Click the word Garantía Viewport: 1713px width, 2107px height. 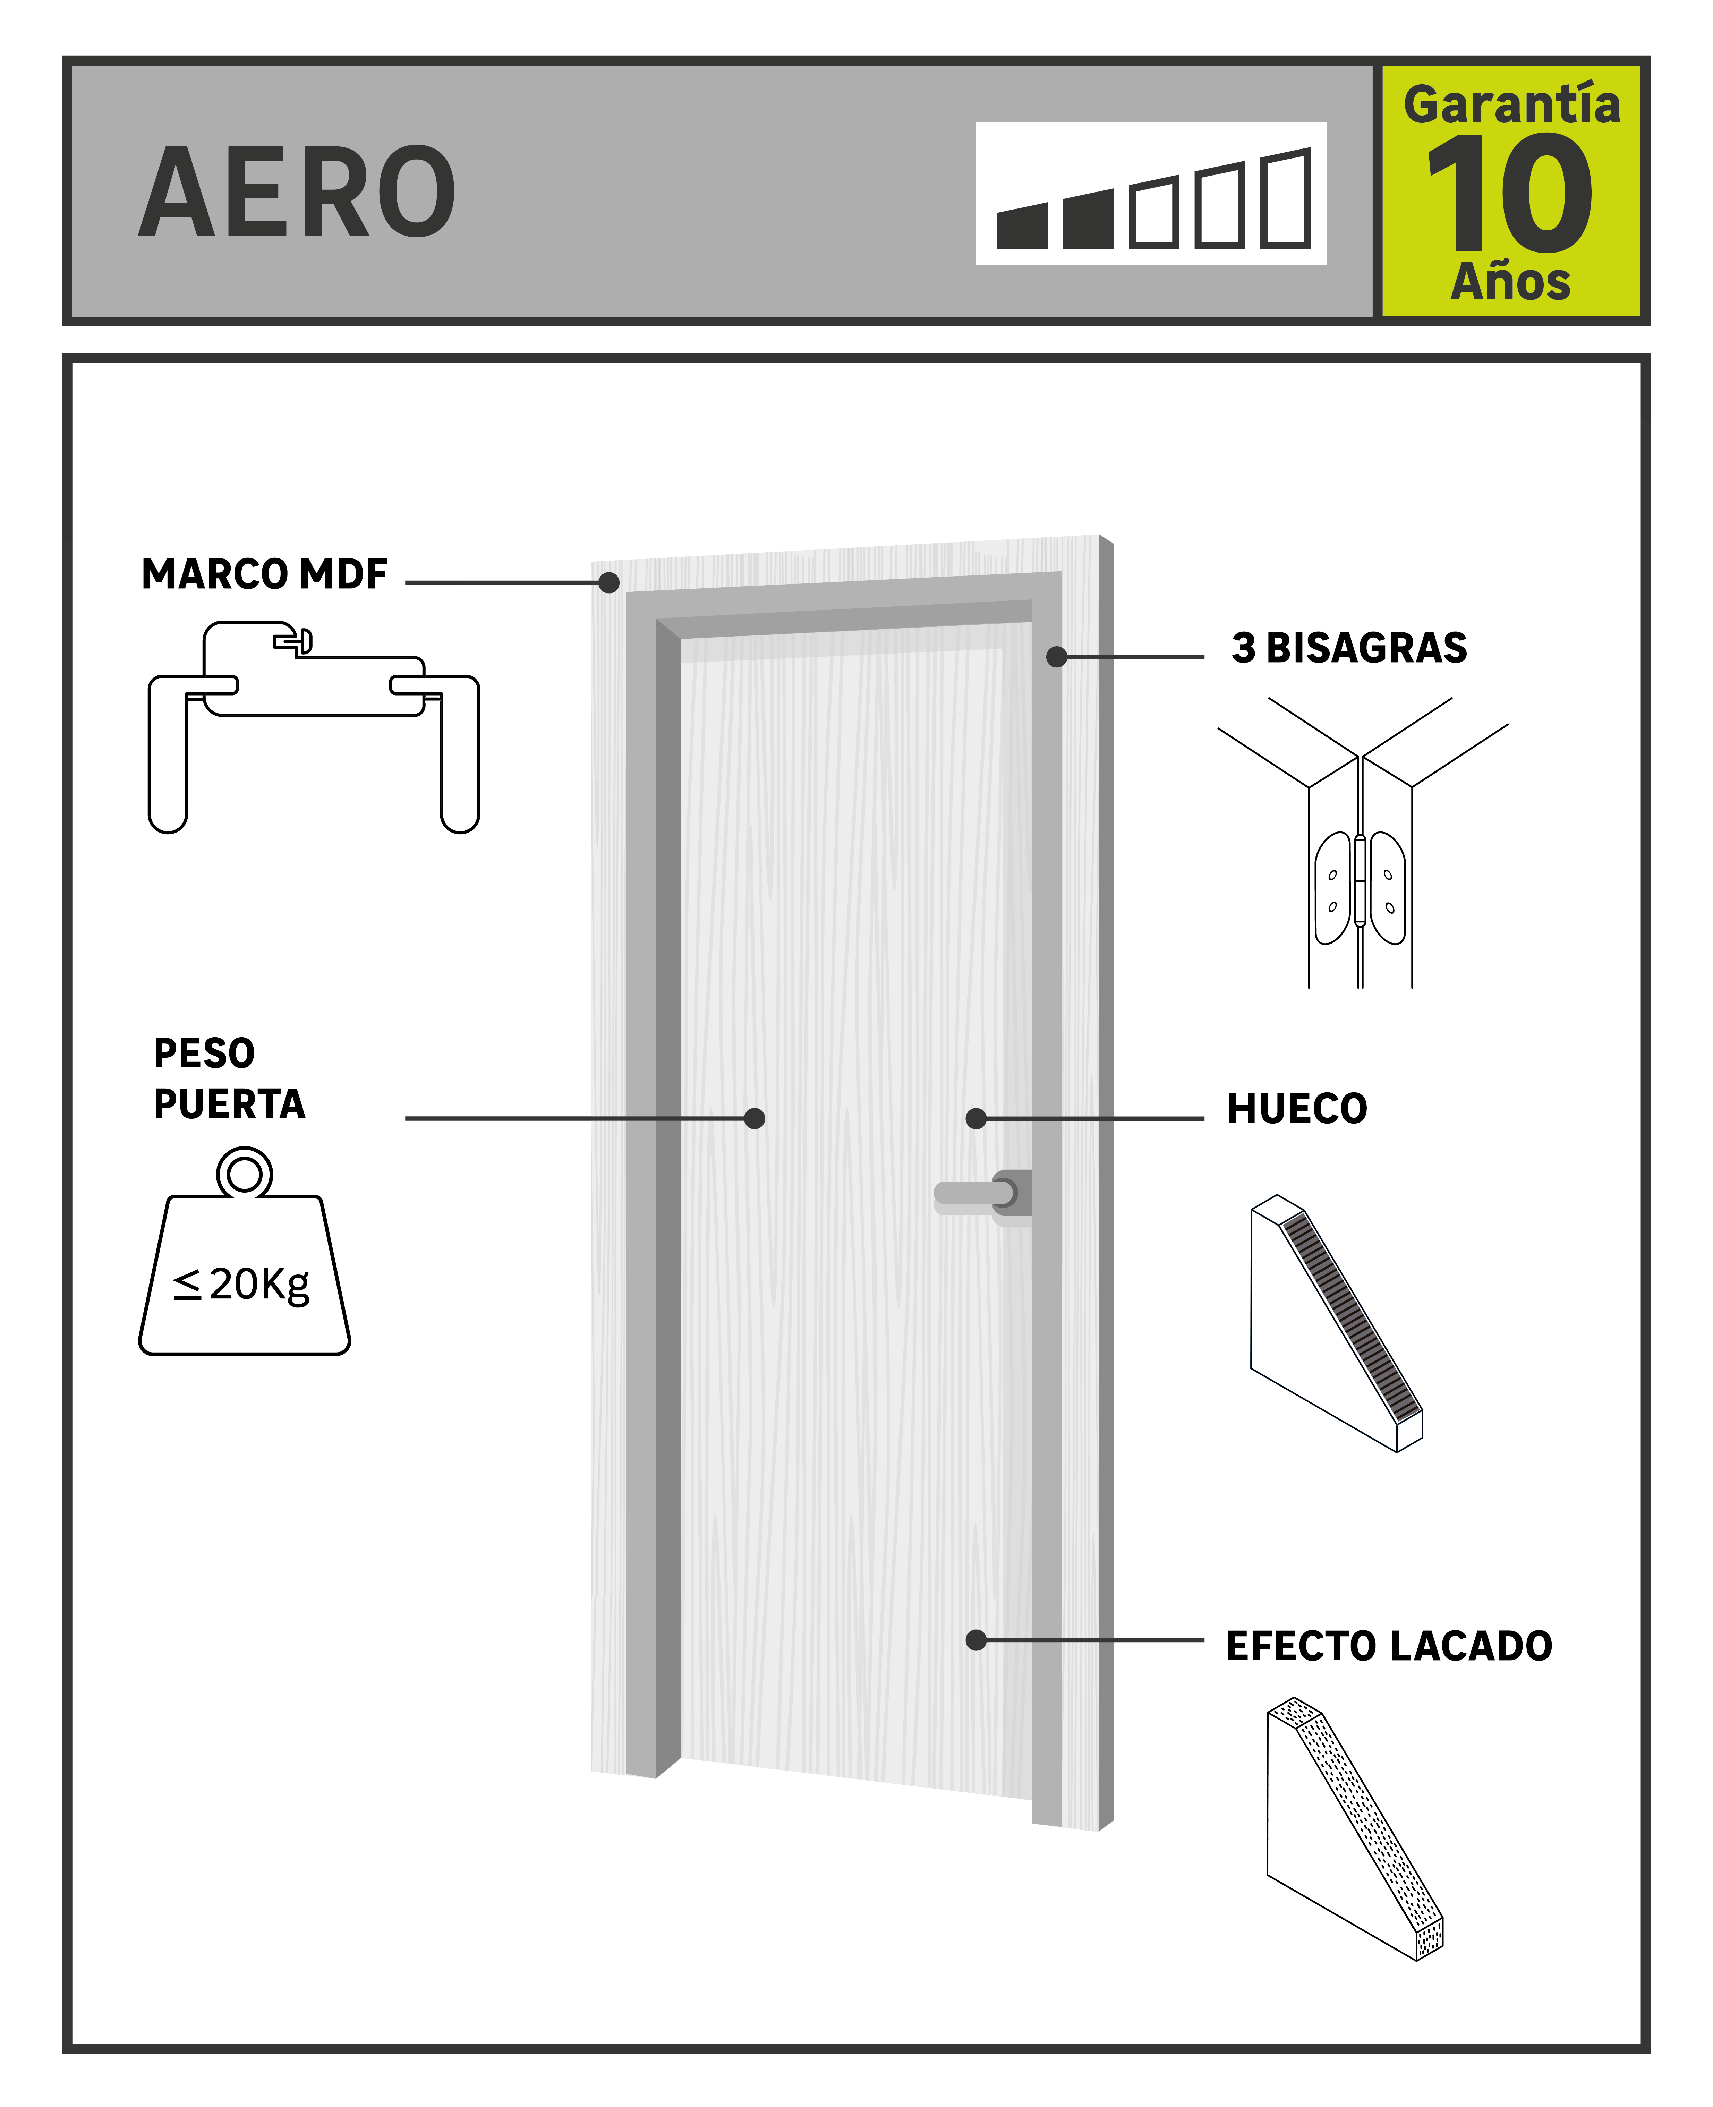click(x=1512, y=105)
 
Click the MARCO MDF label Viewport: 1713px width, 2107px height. click(x=264, y=574)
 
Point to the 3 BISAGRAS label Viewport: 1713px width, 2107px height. click(x=1349, y=648)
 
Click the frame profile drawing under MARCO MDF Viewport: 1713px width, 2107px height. click(x=314, y=725)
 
